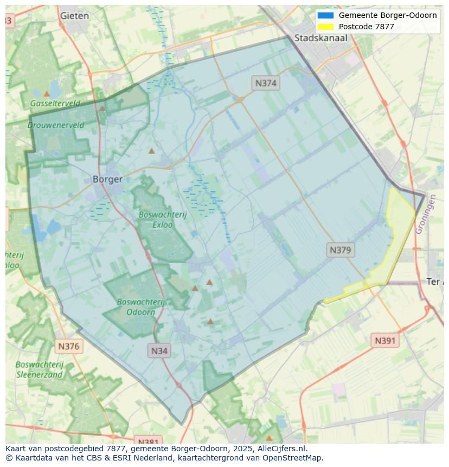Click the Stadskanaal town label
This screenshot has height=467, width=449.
pos(320,38)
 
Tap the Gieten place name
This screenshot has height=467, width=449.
pos(74,16)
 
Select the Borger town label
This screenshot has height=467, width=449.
pos(107,179)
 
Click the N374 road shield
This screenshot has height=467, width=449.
pos(266,83)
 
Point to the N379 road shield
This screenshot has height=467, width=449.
pos(341,250)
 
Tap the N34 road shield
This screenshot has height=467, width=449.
pos(159,350)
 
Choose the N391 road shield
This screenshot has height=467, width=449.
pos(385,341)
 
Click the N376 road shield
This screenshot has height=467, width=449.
pos(68,346)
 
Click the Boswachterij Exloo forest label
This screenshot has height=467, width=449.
pos(162,219)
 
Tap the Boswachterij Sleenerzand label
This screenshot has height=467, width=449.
pos(40,369)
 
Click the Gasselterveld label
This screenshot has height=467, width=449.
pos(55,103)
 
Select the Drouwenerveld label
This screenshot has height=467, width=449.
pos(56,125)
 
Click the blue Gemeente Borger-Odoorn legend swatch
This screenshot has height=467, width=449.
pos(326,15)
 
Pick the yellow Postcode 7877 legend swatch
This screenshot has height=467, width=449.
pos(326,27)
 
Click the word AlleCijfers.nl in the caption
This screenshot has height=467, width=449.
pos(281,449)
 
